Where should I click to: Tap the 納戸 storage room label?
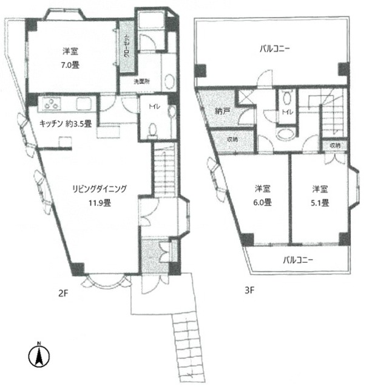click(223, 111)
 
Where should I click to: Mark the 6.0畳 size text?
click(263, 202)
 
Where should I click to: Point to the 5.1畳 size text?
click(320, 202)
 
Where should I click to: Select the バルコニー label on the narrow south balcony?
click(298, 260)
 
